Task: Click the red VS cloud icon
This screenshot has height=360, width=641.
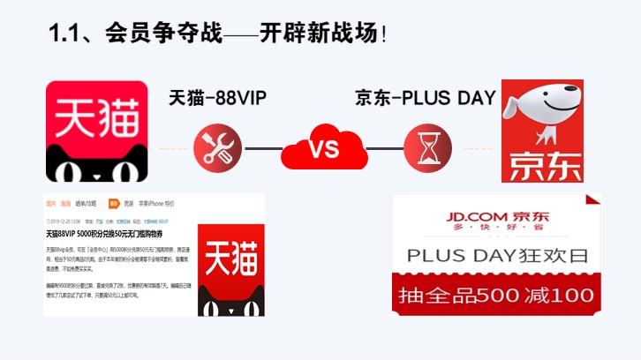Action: pyautogui.click(x=321, y=147)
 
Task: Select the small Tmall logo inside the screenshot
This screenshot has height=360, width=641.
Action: pyautogui.click(x=230, y=270)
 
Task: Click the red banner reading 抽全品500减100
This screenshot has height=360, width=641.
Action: pyautogui.click(x=496, y=295)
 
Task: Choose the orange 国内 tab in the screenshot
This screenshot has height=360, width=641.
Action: pyautogui.click(x=50, y=202)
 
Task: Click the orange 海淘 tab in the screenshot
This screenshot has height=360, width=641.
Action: pyautogui.click(x=66, y=202)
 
